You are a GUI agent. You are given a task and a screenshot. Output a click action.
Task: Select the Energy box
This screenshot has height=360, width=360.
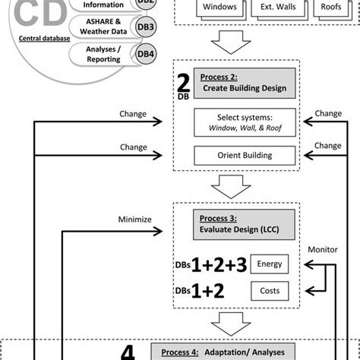point(270,264)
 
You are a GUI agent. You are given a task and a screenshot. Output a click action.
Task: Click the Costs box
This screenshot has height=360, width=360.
point(270,291)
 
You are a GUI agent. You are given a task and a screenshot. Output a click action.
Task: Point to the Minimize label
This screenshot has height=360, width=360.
point(134,219)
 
